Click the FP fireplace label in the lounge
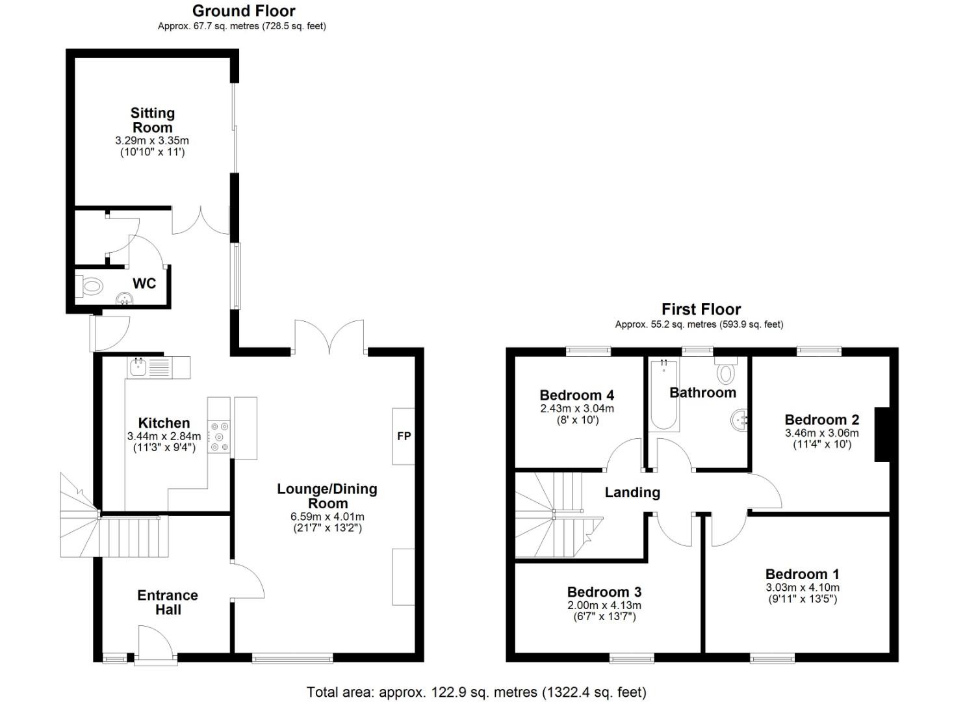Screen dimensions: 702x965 404,436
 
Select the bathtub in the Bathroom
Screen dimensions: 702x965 663,395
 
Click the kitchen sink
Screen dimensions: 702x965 139,368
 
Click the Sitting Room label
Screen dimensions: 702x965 153,120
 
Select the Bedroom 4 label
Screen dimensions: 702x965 576,395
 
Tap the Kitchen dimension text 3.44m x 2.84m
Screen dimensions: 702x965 164,436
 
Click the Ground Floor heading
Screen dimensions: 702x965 244,11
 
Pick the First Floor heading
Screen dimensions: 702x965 701,309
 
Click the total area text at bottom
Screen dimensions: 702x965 476,692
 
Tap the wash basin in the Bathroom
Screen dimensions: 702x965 740,421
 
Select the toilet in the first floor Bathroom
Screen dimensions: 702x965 725,372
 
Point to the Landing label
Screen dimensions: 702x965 632,493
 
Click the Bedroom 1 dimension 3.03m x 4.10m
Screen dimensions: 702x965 802,587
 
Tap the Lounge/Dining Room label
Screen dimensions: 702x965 327,496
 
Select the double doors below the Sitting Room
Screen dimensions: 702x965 200,221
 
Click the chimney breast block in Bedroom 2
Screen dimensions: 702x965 881,434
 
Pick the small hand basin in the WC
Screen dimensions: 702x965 124,299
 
